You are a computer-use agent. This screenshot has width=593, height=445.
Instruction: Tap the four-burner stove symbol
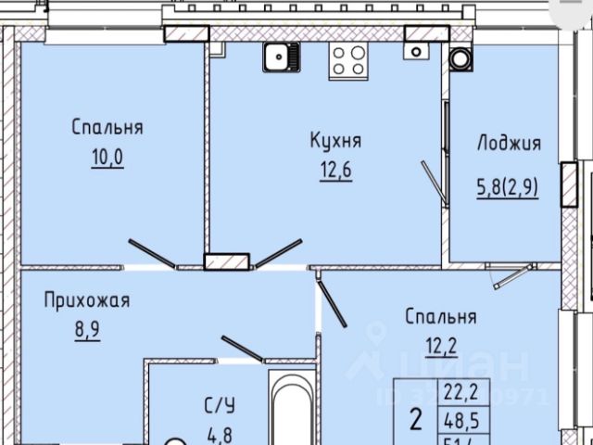click(349, 60)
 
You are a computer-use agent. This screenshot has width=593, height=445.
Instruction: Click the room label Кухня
click(334, 142)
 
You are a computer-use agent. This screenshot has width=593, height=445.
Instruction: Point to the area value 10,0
click(106, 157)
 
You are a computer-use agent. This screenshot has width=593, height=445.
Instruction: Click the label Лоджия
click(508, 144)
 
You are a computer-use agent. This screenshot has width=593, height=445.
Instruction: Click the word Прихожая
click(85, 300)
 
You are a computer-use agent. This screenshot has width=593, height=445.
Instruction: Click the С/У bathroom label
click(219, 405)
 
